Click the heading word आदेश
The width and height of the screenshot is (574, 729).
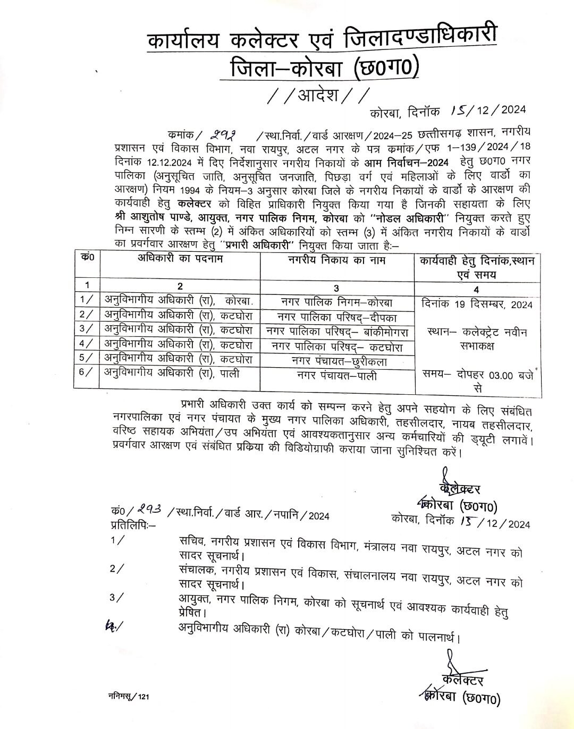[318, 96]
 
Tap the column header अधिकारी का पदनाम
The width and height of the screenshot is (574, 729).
[181, 260]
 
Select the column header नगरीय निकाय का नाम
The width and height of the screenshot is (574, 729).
[337, 260]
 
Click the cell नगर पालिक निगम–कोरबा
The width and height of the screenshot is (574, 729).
[337, 302]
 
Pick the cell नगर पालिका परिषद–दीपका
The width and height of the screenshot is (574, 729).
[337, 317]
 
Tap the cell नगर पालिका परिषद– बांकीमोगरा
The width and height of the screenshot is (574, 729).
[337, 332]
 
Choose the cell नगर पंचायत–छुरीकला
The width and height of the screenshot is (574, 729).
[337, 361]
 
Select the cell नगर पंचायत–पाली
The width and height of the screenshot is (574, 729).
[337, 376]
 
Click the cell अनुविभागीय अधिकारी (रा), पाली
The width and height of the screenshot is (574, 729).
[172, 374]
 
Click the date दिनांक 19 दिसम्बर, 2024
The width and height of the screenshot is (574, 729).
[476, 304]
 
